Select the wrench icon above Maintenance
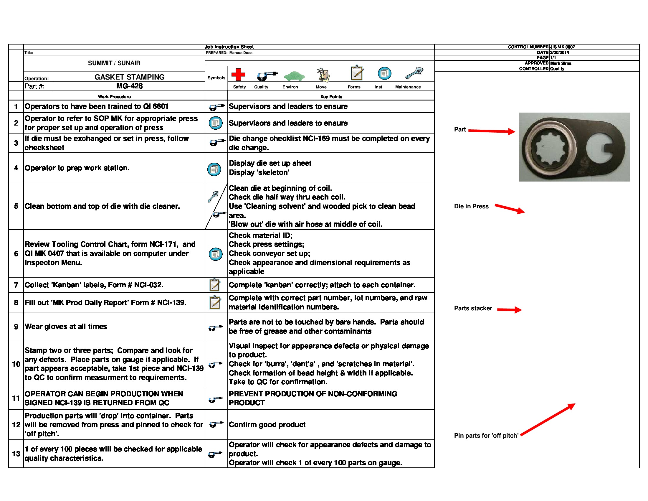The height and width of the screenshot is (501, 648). [414, 73]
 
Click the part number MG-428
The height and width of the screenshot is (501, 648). [129, 86]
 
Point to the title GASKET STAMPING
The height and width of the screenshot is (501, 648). [129, 77]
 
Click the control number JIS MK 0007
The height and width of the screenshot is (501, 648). [562, 47]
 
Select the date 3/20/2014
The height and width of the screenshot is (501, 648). [559, 52]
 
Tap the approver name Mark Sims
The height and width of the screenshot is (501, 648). [561, 63]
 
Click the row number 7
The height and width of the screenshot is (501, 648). [16, 285]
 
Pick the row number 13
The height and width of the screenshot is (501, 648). [16, 454]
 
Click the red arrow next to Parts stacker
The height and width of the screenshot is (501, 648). [509, 310]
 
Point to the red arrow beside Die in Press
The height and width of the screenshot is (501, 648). [510, 209]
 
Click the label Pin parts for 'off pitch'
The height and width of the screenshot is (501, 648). [486, 435]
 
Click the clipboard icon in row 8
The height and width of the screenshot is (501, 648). [215, 302]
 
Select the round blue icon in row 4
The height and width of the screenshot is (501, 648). [214, 169]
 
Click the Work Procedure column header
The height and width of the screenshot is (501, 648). [114, 96]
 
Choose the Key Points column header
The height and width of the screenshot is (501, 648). [331, 96]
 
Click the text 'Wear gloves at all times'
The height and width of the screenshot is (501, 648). [66, 327]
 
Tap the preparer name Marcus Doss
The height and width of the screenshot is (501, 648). [241, 53]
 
